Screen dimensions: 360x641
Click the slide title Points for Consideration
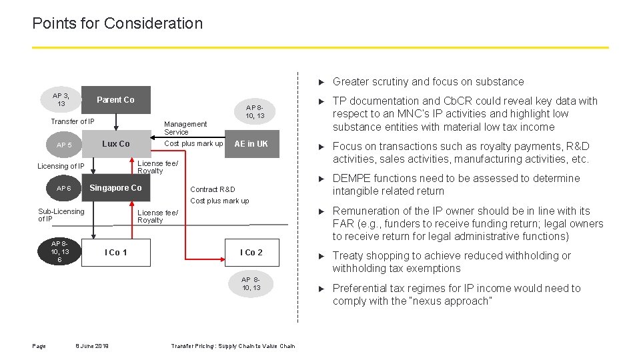[117, 23]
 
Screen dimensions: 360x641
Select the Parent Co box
[115, 100]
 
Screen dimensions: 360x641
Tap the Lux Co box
[115, 144]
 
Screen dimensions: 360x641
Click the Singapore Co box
[115, 188]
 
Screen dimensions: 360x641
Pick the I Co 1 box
[115, 253]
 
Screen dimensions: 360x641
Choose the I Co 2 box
[251, 253]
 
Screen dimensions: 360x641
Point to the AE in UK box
[251, 144]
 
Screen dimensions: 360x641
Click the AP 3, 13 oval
[61, 99]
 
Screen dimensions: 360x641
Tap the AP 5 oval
[64, 145]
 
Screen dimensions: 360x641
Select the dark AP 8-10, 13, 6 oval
[60, 252]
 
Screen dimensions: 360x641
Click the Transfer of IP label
[73, 121]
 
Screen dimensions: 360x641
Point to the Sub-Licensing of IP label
[61, 215]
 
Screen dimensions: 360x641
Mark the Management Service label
[185, 128]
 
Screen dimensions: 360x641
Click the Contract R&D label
[213, 189]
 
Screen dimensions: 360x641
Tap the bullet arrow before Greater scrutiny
[322, 82]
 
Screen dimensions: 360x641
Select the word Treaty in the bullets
[348, 256]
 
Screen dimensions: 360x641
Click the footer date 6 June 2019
[92, 346]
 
